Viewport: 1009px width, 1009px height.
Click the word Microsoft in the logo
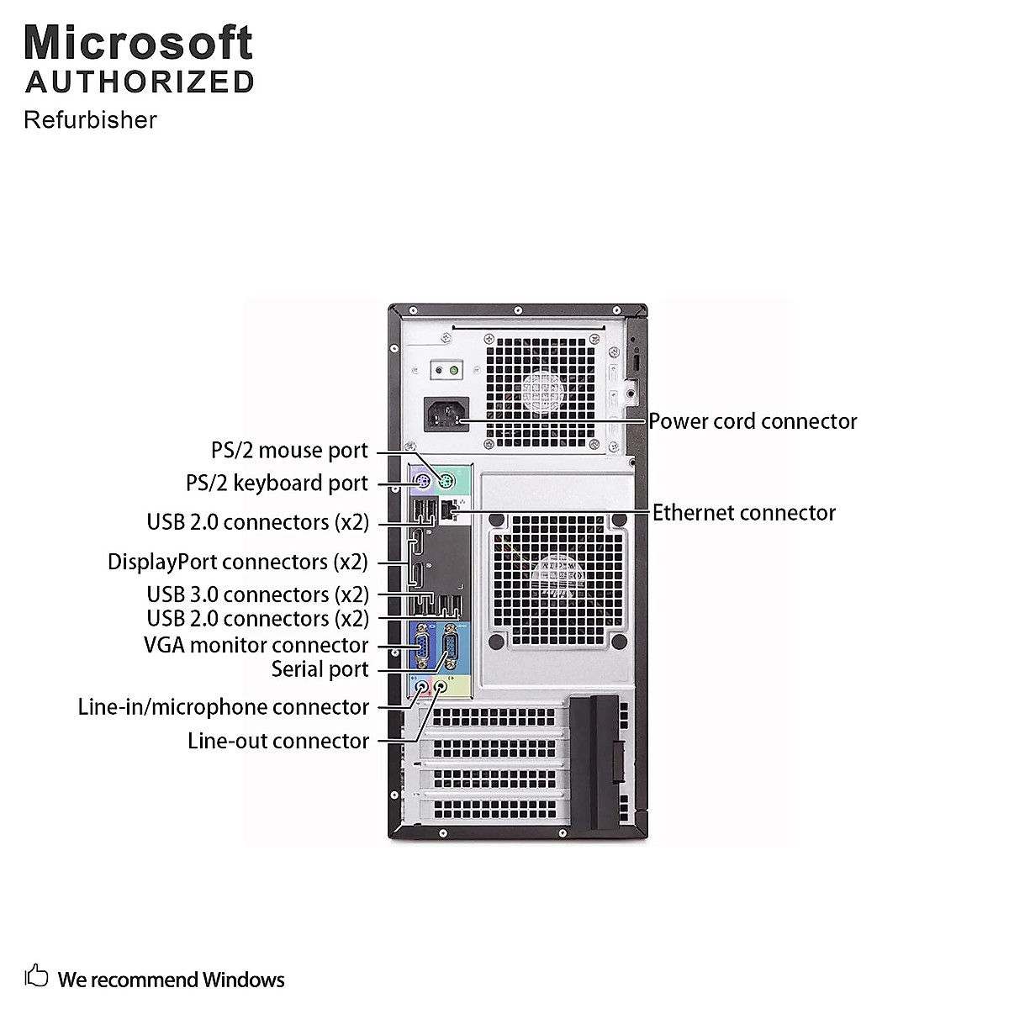tap(139, 42)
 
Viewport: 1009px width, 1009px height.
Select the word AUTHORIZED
tap(140, 82)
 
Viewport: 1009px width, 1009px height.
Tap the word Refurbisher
tap(90, 120)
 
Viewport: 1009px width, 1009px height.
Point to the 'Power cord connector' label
tap(753, 421)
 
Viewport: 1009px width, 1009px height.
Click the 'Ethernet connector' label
tap(744, 513)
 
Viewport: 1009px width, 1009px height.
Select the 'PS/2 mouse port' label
tap(289, 451)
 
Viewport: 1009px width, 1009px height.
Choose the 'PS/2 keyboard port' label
tap(277, 483)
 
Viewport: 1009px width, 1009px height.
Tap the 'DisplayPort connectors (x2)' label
tap(238, 562)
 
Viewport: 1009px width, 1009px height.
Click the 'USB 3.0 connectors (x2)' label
tap(257, 594)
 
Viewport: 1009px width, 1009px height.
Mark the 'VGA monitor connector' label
tap(256, 646)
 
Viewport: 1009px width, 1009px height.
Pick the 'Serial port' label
tap(320, 669)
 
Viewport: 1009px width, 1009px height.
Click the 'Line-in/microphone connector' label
tap(223, 707)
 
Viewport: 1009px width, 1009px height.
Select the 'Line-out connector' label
tap(278, 741)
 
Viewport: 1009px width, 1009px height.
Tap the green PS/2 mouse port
tap(445, 482)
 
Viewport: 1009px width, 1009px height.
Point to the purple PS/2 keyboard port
tap(424, 483)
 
